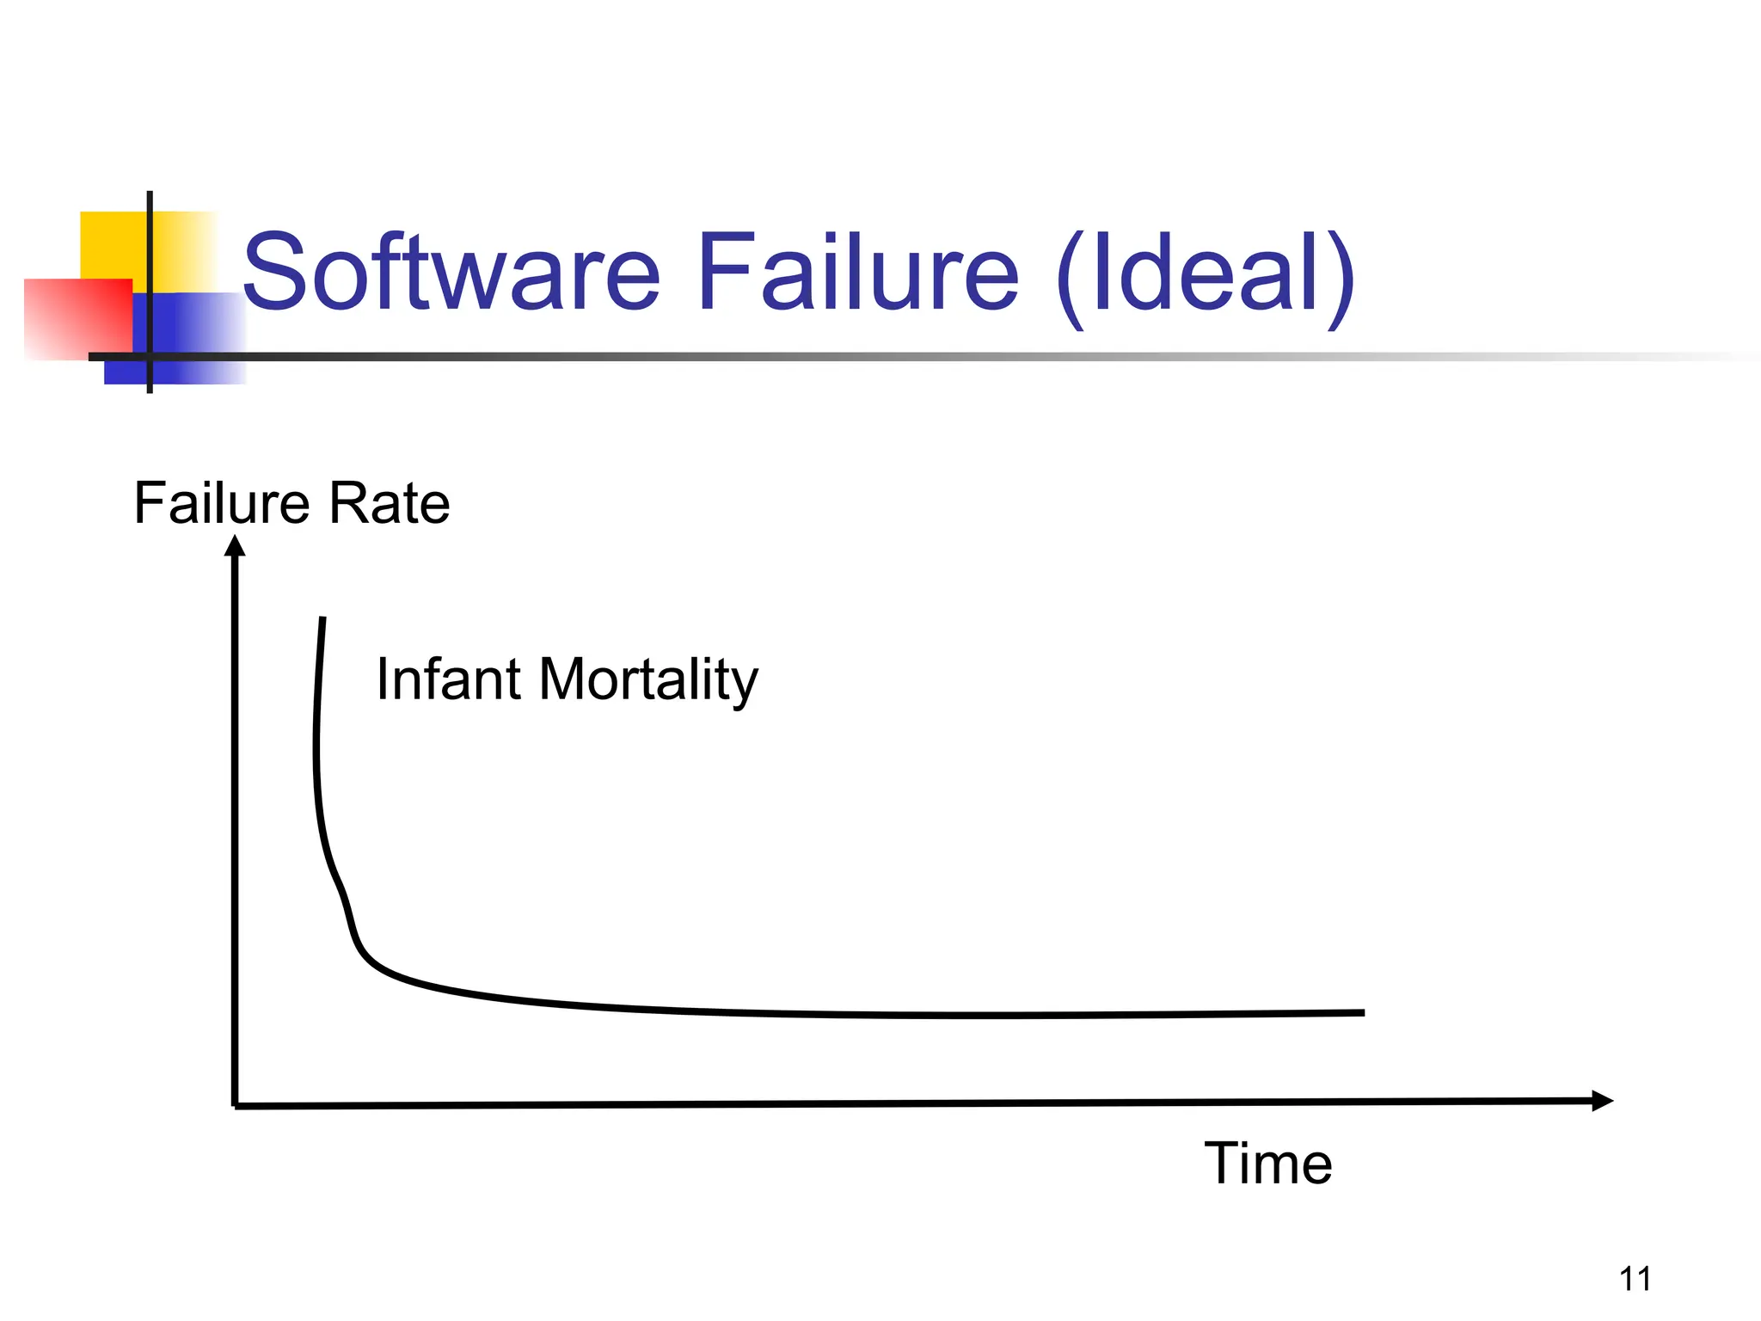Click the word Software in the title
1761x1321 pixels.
click(451, 273)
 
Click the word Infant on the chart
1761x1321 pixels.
click(447, 679)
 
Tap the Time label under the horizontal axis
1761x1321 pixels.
click(1267, 1164)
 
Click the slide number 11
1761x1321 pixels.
click(1635, 1279)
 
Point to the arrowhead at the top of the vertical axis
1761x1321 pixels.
click(235, 545)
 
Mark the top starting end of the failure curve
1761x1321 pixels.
click(322, 619)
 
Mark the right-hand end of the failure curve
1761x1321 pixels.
click(1362, 1013)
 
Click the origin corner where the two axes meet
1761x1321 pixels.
click(235, 1105)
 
